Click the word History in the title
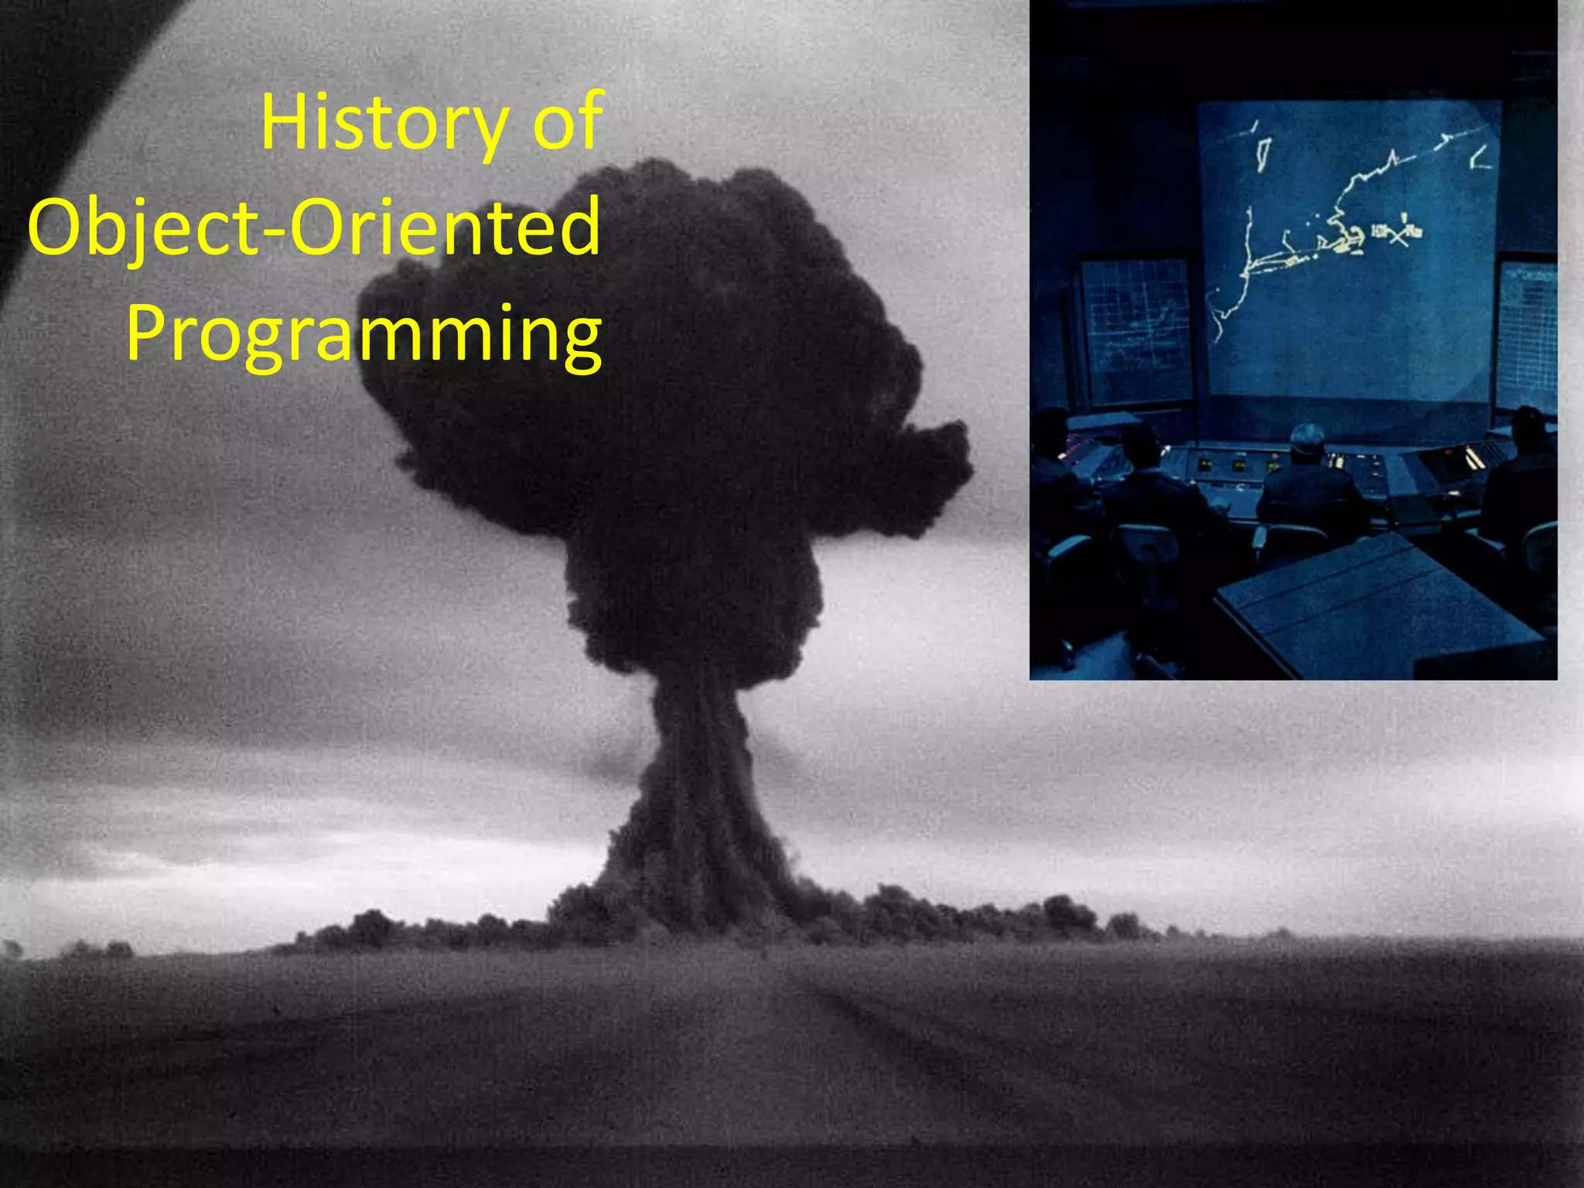pos(384,124)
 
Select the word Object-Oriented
pos(313,228)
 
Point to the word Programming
pos(364,334)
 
